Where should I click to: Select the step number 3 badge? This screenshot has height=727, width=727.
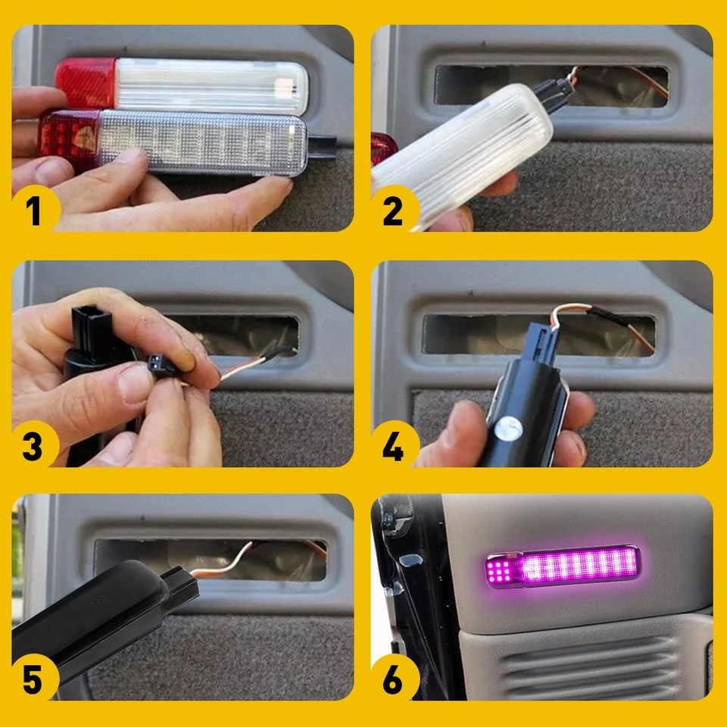34,445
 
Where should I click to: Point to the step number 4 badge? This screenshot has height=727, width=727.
393,445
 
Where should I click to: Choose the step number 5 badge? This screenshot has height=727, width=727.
34,679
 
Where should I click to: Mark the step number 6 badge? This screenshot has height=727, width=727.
393,679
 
